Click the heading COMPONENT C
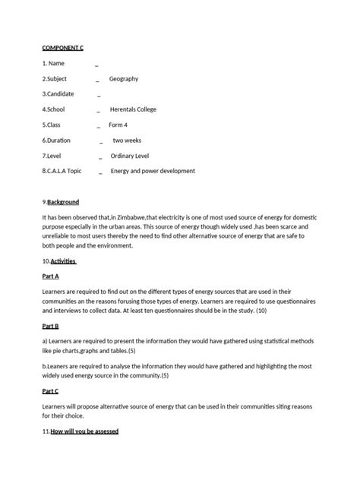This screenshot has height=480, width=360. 63,48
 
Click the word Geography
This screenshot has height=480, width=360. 124,79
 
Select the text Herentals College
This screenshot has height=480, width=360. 133,109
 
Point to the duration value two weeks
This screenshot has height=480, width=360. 127,141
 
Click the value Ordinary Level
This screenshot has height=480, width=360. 135,156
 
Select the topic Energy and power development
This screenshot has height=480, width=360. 153,171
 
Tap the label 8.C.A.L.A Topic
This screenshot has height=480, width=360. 62,171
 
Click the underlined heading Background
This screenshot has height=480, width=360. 63,202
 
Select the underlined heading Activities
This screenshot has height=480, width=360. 63,261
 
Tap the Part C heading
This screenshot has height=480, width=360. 51,390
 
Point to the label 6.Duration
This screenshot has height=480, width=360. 58,141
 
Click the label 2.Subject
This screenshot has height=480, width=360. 55,79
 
